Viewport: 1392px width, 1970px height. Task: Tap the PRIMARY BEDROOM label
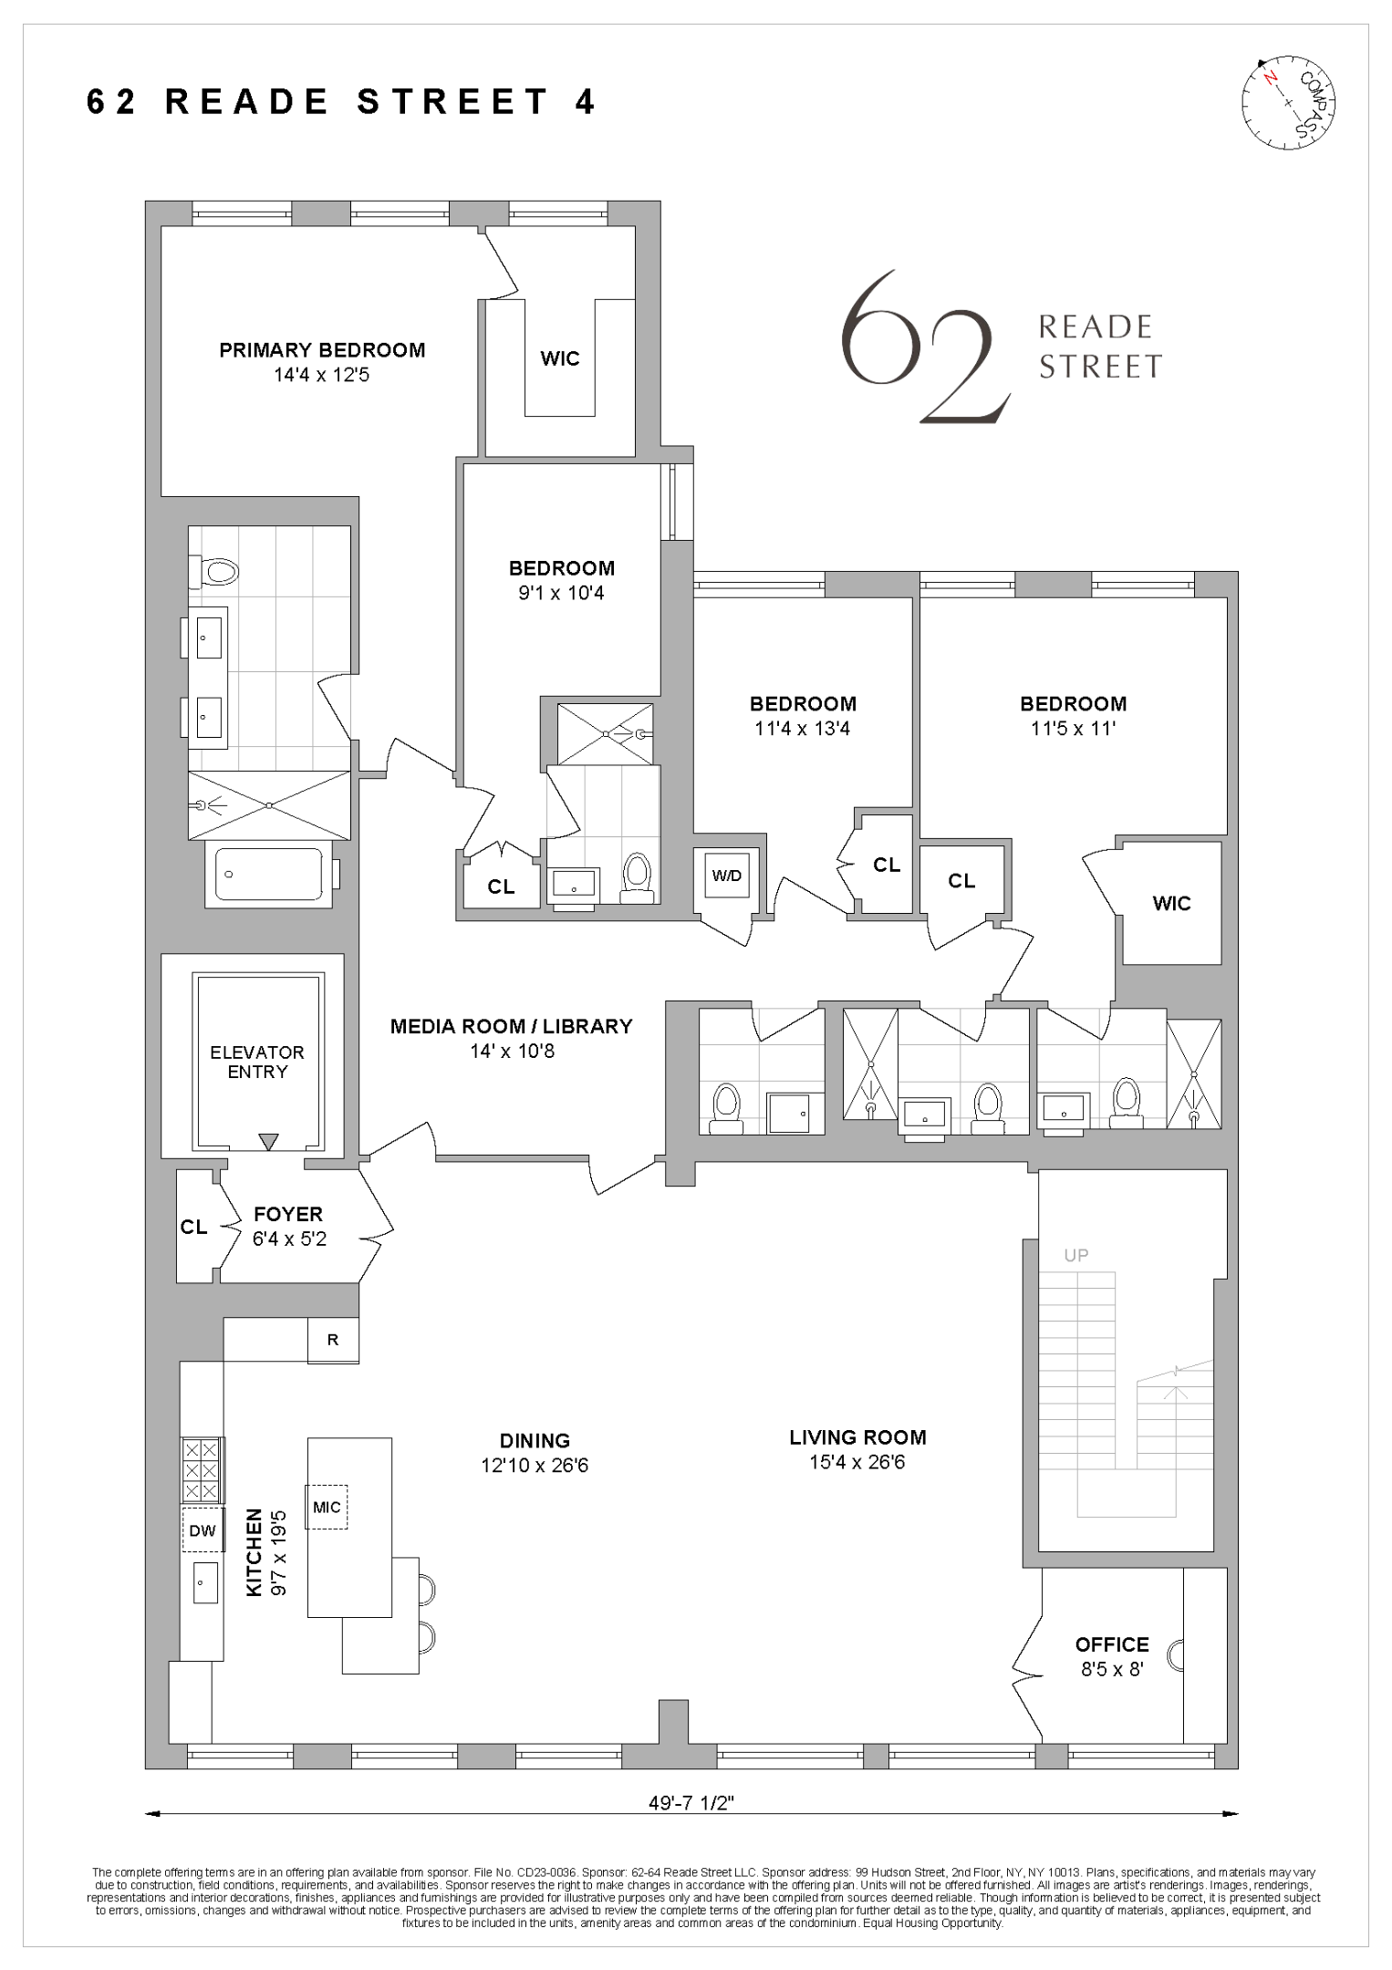click(322, 350)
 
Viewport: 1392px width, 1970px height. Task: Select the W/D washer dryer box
click(727, 876)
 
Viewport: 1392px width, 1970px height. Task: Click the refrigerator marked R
click(333, 1340)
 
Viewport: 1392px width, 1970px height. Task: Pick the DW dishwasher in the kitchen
click(203, 1531)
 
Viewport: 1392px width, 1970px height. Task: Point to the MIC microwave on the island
click(327, 1507)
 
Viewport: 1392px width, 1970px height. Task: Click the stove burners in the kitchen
click(202, 1469)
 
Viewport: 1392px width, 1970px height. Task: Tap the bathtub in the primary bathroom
click(269, 874)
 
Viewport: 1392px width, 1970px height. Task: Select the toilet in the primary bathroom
click(218, 572)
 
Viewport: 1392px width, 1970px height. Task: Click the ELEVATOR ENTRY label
click(257, 1062)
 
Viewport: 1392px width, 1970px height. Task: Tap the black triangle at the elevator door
click(268, 1142)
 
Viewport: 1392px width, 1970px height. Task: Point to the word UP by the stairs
click(1076, 1255)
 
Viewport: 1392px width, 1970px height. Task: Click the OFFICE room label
click(1112, 1644)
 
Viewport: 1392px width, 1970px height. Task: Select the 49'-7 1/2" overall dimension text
click(691, 1803)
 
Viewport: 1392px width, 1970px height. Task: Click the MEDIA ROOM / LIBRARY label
click(511, 1026)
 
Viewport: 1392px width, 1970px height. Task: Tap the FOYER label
click(288, 1214)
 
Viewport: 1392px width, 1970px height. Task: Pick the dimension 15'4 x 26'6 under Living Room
click(857, 1462)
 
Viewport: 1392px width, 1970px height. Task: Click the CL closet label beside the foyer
click(194, 1227)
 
